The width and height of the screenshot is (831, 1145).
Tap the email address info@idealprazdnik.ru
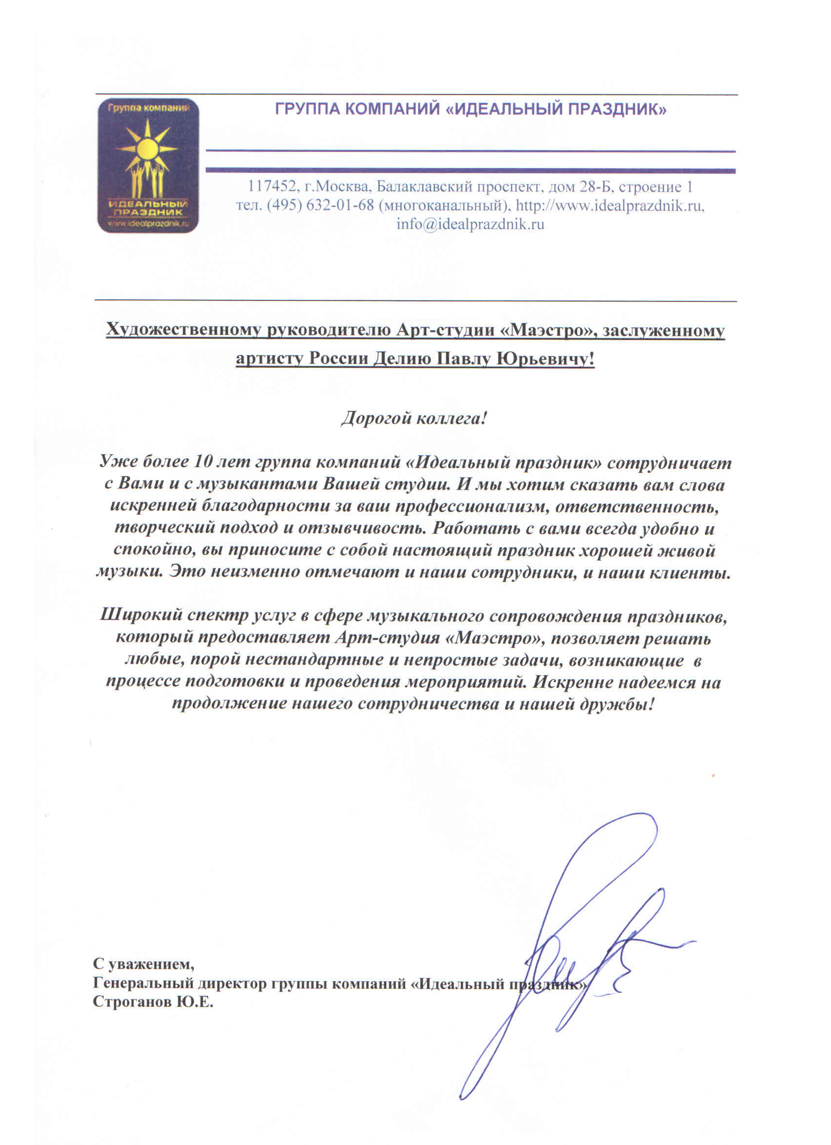pos(470,224)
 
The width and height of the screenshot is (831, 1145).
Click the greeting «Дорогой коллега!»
pos(414,419)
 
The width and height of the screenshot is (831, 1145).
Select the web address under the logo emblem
pos(148,223)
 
